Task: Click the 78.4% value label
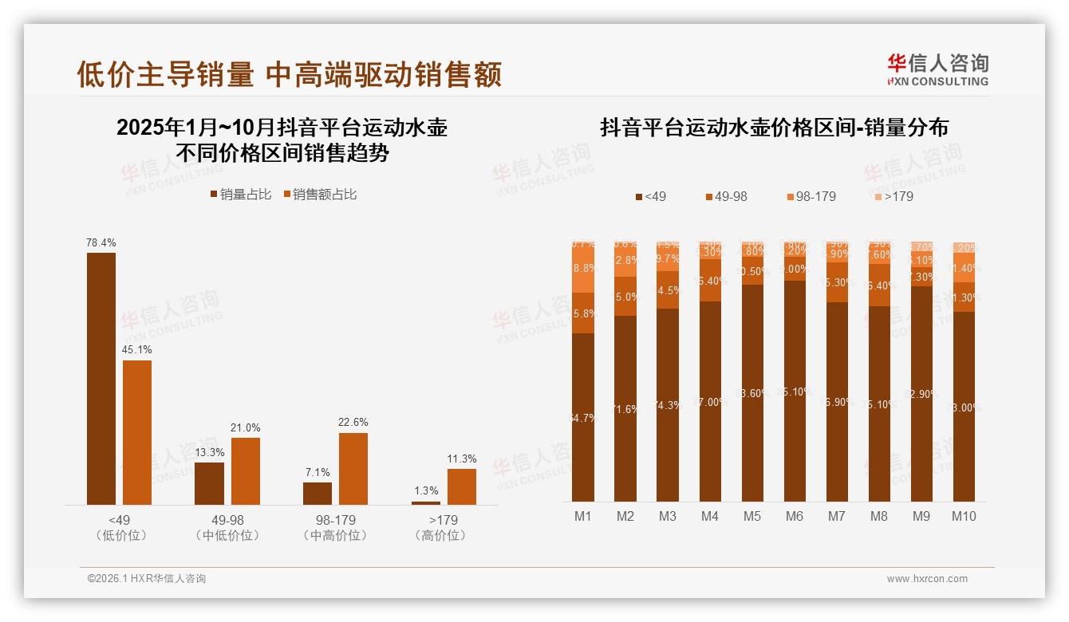pyautogui.click(x=101, y=242)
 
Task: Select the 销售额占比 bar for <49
pyautogui.click(x=137, y=432)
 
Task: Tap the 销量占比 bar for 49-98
pyautogui.click(x=209, y=483)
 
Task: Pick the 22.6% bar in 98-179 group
pyautogui.click(x=353, y=469)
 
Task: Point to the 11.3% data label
pyautogui.click(x=462, y=459)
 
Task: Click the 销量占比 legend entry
pyautogui.click(x=241, y=194)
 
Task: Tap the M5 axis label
pyautogui.click(x=752, y=516)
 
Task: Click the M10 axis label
pyautogui.click(x=964, y=516)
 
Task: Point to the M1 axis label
pyautogui.click(x=583, y=516)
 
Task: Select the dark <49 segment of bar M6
pyautogui.click(x=795, y=391)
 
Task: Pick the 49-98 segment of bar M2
pyautogui.click(x=625, y=297)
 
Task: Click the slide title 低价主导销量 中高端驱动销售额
pyautogui.click(x=289, y=74)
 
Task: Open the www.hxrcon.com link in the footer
pyautogui.click(x=927, y=579)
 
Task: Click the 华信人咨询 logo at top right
pyautogui.click(x=937, y=69)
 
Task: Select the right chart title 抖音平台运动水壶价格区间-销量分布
pyautogui.click(x=774, y=128)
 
